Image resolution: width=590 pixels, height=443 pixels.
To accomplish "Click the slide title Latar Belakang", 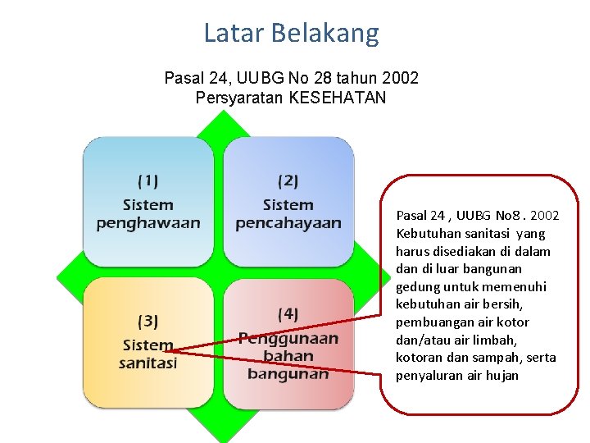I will (x=291, y=33).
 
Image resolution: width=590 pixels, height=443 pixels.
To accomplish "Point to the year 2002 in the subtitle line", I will (x=400, y=79).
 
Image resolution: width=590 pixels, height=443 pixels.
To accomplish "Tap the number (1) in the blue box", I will (x=148, y=180).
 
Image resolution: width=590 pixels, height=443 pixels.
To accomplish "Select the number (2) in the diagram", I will (x=288, y=180).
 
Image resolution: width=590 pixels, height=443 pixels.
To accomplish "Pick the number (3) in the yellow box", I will (x=148, y=321).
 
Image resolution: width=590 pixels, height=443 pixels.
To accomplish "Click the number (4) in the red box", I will (x=288, y=313).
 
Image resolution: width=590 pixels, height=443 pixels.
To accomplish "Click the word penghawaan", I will (x=148, y=222).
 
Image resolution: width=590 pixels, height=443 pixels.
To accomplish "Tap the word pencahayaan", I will (x=288, y=222).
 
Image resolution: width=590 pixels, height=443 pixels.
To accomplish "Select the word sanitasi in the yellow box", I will (x=147, y=363).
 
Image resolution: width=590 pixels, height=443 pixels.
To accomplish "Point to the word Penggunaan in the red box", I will (x=288, y=338).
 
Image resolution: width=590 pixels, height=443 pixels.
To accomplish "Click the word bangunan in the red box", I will (x=288, y=373).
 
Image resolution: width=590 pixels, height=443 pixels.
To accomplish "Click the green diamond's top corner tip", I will (x=222, y=112).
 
